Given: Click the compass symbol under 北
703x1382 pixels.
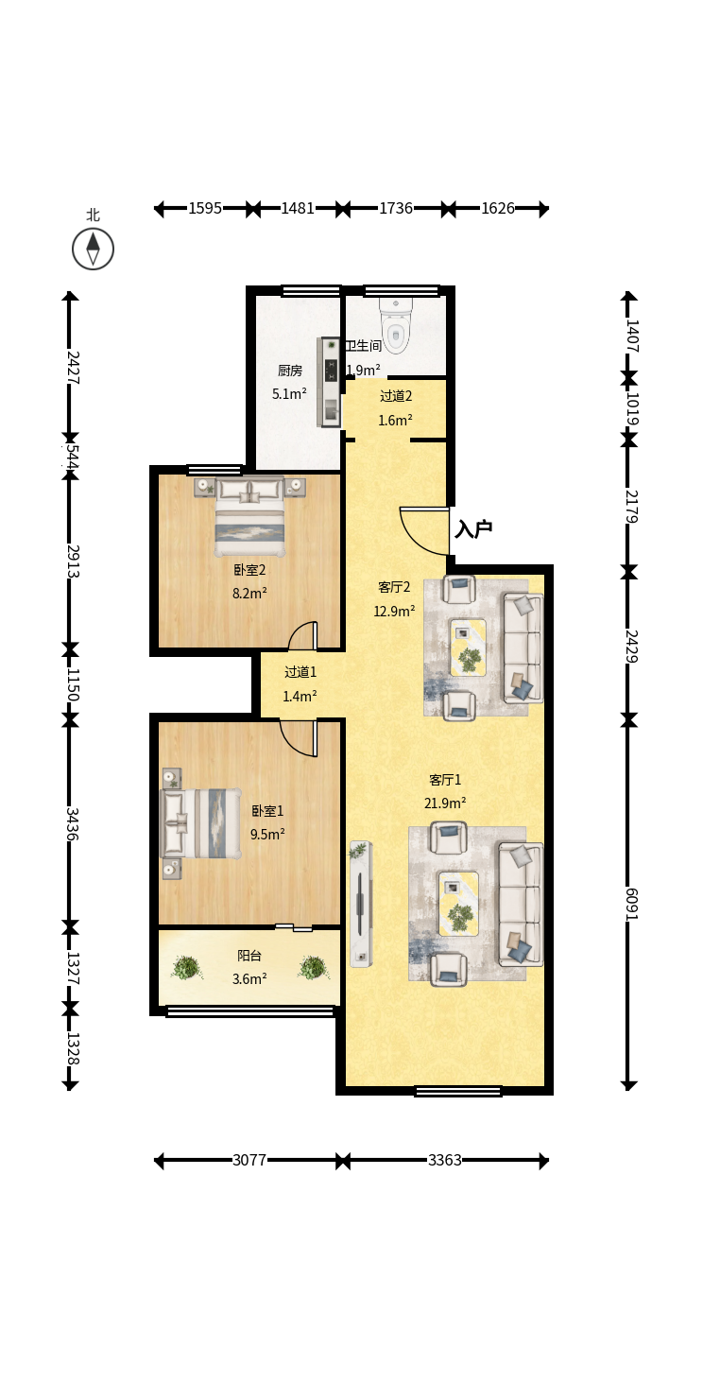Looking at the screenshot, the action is click(x=94, y=250).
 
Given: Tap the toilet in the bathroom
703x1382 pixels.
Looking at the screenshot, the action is click(x=396, y=326).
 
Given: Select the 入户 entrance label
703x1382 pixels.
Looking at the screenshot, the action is click(x=473, y=528).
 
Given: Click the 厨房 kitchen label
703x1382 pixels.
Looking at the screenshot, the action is click(x=290, y=371).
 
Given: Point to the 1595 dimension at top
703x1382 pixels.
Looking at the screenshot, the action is click(x=205, y=208).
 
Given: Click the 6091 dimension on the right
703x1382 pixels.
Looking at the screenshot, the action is click(x=631, y=904).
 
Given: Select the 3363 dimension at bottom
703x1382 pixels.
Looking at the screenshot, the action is click(x=445, y=1160).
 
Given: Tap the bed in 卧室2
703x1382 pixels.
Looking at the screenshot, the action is click(x=249, y=516).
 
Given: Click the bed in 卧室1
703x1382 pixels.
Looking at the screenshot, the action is click(x=200, y=823).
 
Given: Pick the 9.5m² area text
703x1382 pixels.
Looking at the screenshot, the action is click(x=267, y=834).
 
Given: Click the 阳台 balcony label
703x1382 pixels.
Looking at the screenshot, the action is click(x=249, y=956).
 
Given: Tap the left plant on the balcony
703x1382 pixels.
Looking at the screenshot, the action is click(x=186, y=967).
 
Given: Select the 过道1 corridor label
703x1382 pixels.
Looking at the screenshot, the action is click(x=300, y=672).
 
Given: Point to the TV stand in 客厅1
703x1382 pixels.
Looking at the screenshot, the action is click(x=361, y=904).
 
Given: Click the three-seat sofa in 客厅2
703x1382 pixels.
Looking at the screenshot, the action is click(x=523, y=648).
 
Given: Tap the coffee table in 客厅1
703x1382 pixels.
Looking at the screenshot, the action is click(x=458, y=902).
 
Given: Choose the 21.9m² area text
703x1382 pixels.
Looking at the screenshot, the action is click(x=445, y=803).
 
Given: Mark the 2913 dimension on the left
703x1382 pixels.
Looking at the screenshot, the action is click(x=73, y=561).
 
